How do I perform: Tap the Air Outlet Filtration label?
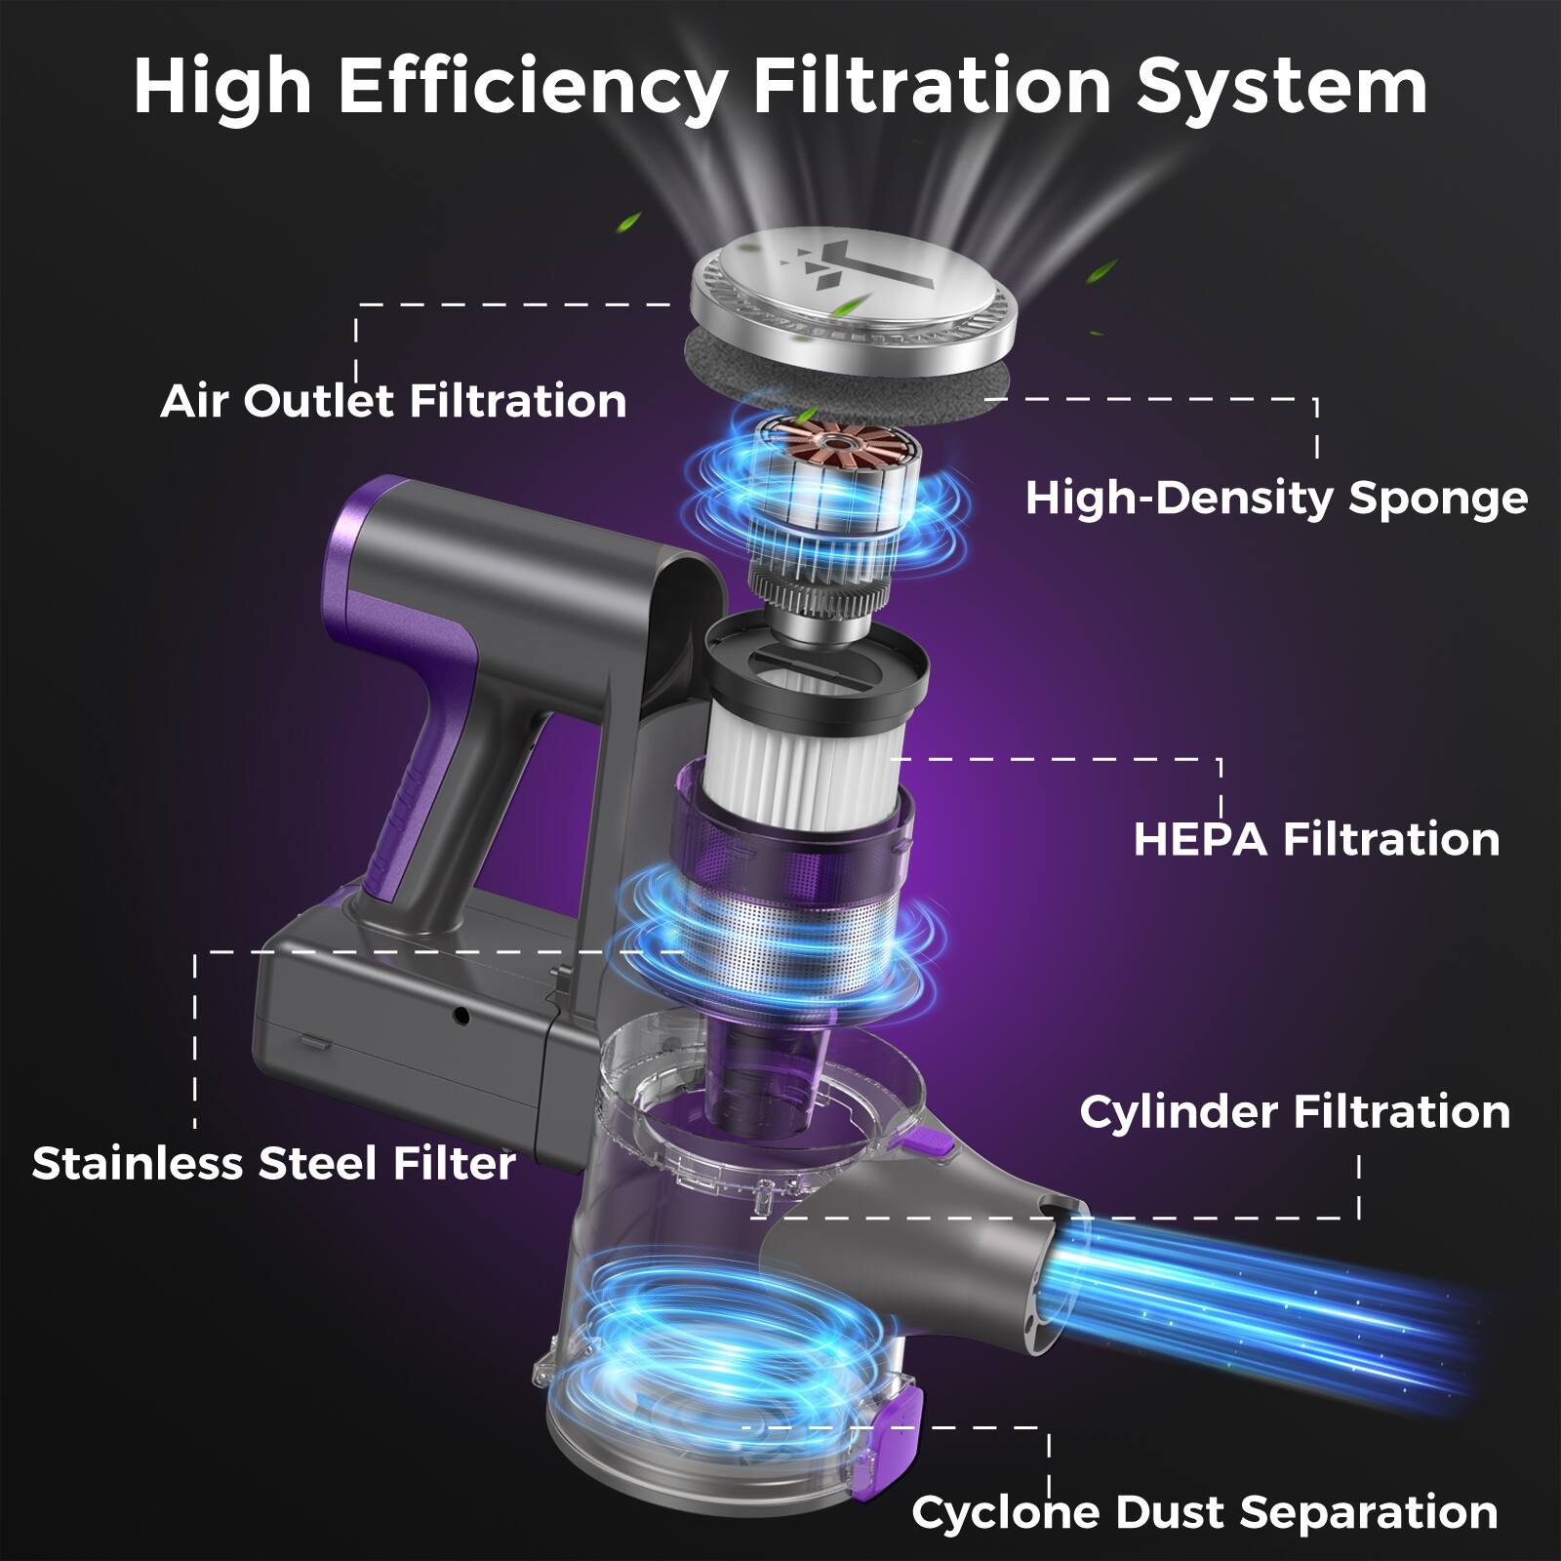point(393,401)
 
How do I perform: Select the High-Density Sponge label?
point(1276,498)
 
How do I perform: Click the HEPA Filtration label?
point(1316,839)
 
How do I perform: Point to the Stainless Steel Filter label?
point(274,1163)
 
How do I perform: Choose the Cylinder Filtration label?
point(1295,1111)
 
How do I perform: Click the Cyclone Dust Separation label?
point(1205,1512)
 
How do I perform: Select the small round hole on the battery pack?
point(461,1018)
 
